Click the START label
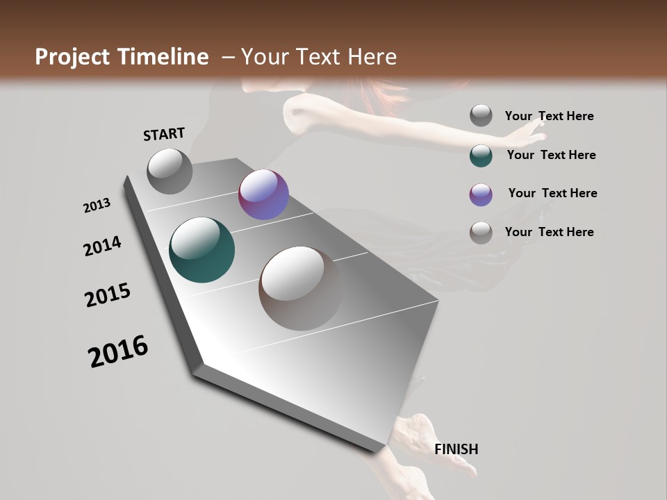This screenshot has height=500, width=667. point(164,134)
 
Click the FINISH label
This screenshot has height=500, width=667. point(456,449)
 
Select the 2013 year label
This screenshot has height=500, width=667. point(97,206)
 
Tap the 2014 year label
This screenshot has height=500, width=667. point(103,247)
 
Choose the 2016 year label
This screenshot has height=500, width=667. point(118,351)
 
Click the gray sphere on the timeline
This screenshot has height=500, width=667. point(170,171)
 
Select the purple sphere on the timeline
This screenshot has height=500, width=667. point(263,194)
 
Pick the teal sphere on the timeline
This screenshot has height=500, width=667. point(201,250)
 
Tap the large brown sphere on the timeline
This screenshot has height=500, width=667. point(301,288)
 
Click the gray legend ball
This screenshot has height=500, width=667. point(481,116)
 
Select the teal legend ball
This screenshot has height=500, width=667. point(481,156)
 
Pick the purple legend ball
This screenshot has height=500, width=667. point(481,194)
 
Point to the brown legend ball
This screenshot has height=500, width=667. point(481,233)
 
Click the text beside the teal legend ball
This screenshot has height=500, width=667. point(551,155)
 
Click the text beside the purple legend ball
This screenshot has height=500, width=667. point(552,193)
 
